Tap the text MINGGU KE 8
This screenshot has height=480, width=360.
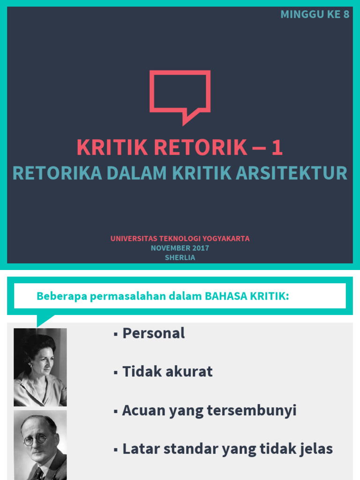(315, 14)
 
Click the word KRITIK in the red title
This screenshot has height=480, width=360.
(112, 148)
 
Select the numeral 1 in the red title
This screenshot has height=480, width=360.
(277, 148)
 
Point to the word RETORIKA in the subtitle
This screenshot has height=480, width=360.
(57, 173)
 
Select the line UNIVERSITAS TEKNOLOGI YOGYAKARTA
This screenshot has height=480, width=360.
(180, 238)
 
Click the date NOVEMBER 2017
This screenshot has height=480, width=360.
(180, 248)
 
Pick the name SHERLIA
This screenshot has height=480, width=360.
(180, 258)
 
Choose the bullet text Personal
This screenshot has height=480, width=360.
(153, 333)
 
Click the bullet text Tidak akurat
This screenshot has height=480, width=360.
(167, 372)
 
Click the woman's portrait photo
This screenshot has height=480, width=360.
(40, 367)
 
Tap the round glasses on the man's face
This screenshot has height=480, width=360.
(36, 439)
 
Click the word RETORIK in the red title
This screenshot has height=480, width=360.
(201, 148)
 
